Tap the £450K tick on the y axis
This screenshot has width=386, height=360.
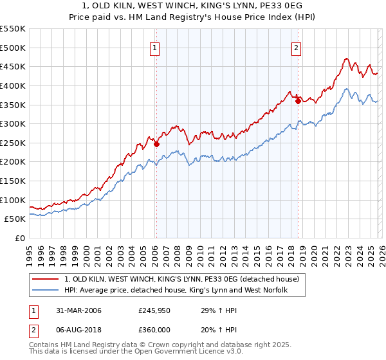tap(13, 67)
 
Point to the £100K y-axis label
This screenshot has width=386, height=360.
tap(13, 200)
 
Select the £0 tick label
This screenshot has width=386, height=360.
tap(21, 238)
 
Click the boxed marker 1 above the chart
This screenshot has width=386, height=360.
tap(156, 47)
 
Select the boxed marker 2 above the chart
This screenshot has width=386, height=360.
tap(296, 47)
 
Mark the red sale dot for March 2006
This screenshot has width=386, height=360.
tap(156, 145)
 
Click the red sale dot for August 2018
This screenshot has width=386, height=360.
tap(298, 101)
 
